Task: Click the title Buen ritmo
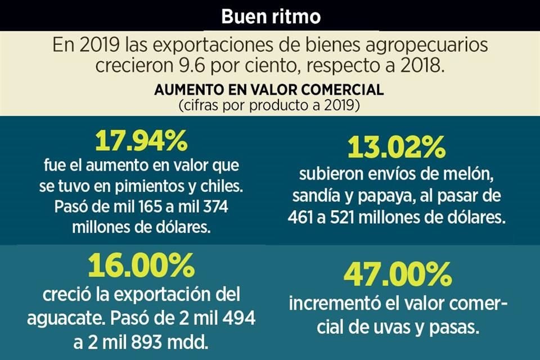pyautogui.click(x=271, y=16)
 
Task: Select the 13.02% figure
pyautogui.click(x=397, y=147)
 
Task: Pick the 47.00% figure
pyautogui.click(x=398, y=275)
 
